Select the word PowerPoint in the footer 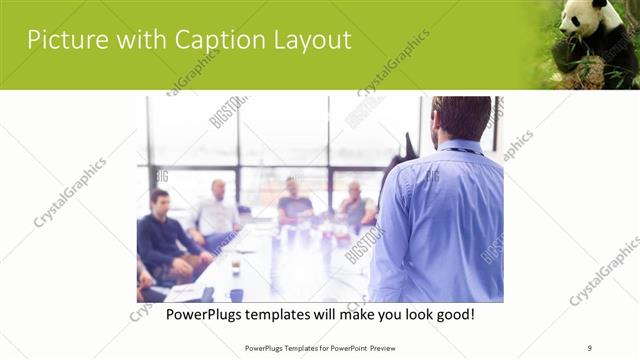pos(341,347)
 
